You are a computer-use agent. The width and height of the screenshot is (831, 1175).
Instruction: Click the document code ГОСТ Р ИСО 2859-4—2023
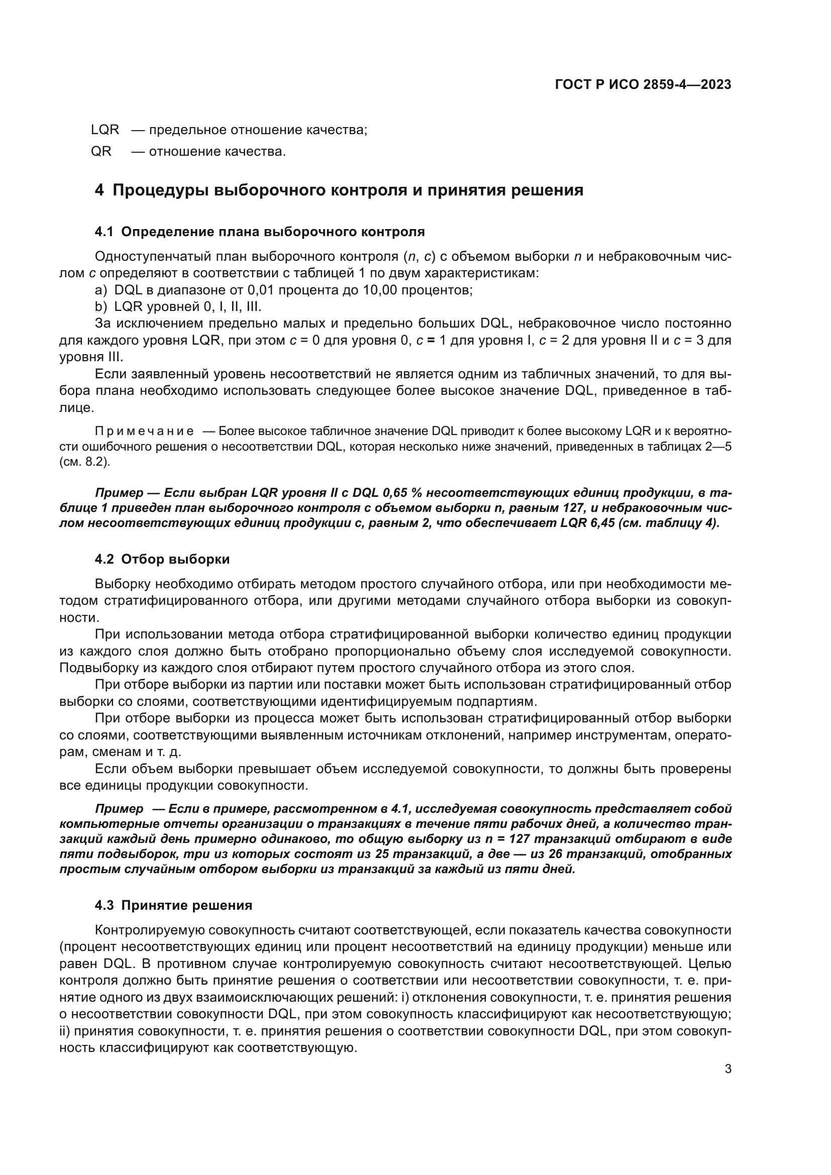point(643,84)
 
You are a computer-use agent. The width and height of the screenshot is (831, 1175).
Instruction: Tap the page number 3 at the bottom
point(728,1069)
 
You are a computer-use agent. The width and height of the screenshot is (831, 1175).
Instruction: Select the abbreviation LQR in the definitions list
point(105,130)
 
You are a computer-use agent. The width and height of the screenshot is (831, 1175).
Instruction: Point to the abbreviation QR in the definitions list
point(101,152)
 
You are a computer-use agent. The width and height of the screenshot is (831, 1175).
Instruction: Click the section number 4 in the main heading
point(99,190)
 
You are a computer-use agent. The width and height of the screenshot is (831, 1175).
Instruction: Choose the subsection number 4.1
point(104,232)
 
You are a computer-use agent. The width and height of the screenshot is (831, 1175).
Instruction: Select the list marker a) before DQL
point(101,290)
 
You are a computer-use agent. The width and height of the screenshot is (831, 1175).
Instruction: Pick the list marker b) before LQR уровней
point(101,307)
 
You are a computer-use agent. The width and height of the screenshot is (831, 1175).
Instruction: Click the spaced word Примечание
point(144,431)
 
